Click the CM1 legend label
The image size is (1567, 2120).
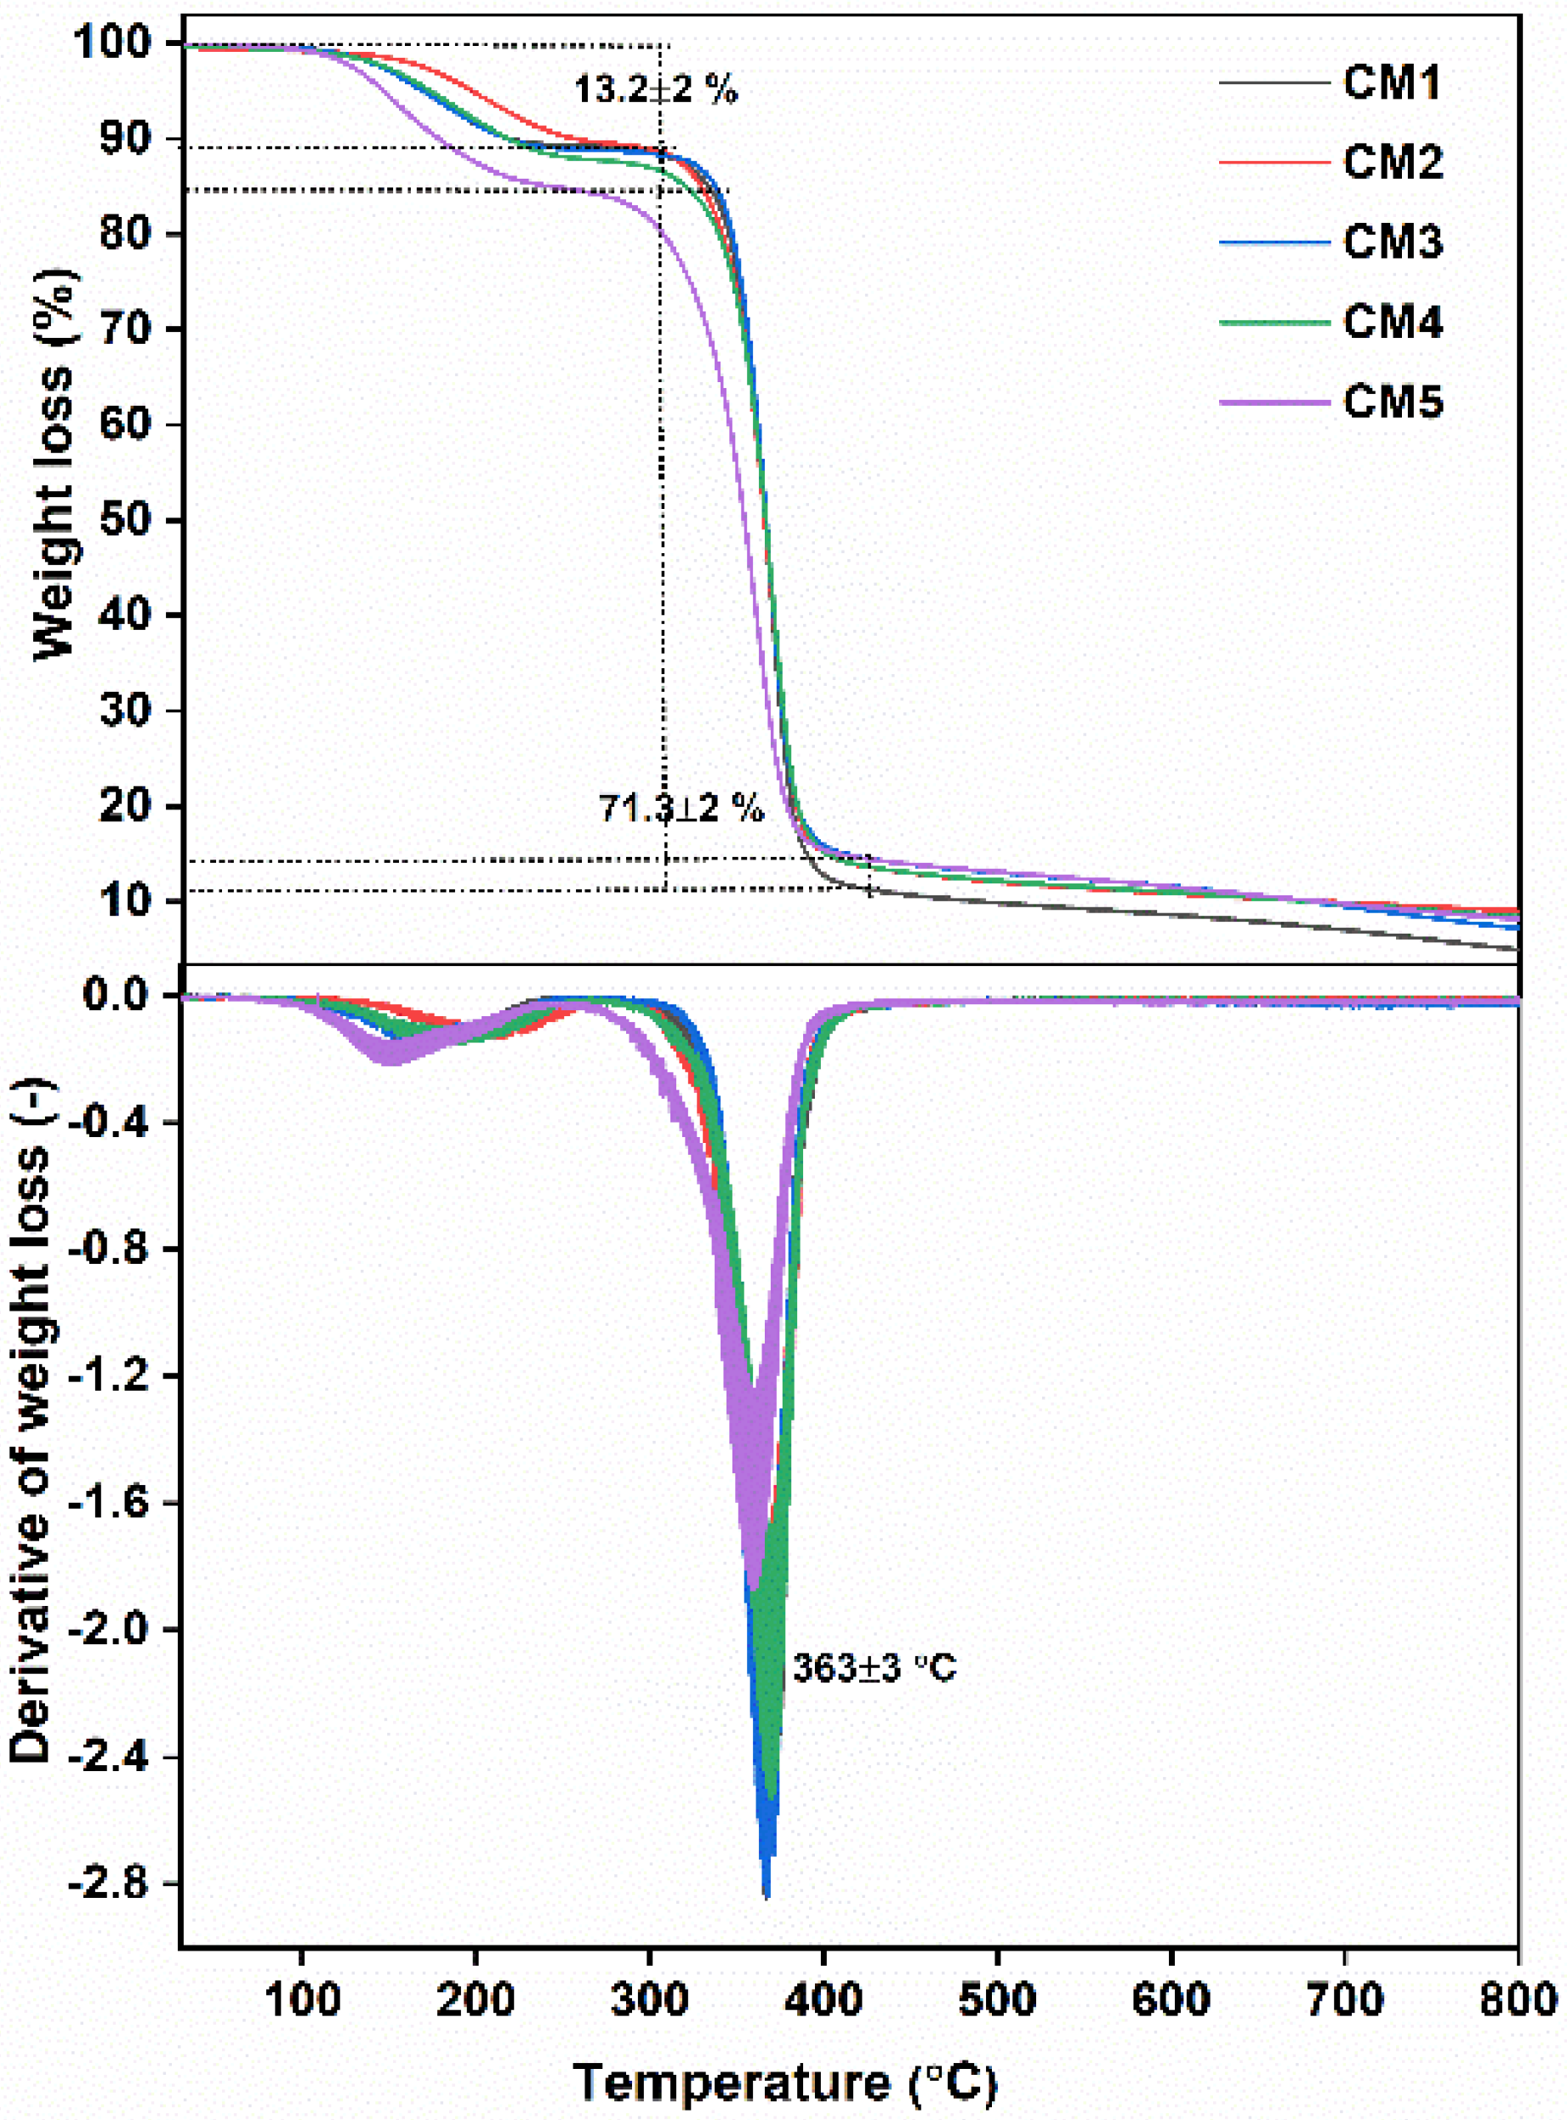(x=1392, y=83)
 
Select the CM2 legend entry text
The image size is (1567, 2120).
(x=1392, y=163)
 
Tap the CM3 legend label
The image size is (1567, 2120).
(x=1392, y=243)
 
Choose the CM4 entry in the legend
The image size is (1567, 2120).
(x=1392, y=323)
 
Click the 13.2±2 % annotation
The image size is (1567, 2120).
(x=655, y=90)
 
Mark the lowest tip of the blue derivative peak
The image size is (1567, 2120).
(x=766, y=1896)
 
